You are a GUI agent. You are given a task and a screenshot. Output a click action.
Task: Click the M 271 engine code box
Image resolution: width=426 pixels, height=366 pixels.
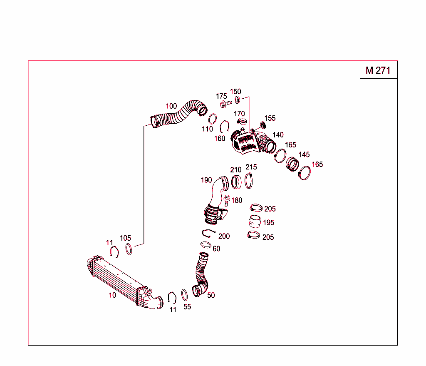click(x=378, y=70)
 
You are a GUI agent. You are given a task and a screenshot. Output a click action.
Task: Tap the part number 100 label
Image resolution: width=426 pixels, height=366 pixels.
click(x=171, y=106)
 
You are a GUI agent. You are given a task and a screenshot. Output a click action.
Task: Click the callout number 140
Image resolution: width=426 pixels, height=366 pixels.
click(x=278, y=135)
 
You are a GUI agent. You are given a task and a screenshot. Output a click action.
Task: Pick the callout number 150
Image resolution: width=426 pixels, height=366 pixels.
click(x=235, y=92)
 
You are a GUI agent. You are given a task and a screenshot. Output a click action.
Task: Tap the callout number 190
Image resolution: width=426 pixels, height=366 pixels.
click(x=206, y=180)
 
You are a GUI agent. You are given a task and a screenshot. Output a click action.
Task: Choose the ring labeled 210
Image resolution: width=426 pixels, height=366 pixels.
click(x=236, y=182)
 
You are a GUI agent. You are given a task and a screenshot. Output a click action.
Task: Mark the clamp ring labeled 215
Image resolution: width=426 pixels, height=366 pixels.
click(x=249, y=181)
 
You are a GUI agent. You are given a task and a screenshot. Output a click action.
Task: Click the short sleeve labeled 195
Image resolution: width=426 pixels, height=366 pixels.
click(x=255, y=222)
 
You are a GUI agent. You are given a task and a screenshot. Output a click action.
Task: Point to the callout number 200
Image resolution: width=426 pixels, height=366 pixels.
click(x=224, y=236)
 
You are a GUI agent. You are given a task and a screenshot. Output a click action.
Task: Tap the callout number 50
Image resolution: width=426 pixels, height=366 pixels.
click(x=211, y=295)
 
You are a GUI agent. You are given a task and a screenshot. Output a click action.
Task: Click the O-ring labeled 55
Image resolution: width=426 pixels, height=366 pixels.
click(x=185, y=295)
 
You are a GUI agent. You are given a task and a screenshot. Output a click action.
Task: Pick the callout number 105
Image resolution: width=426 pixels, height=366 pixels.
click(x=125, y=238)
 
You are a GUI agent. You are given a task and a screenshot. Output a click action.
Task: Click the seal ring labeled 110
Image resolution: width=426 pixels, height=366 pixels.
click(x=212, y=118)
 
